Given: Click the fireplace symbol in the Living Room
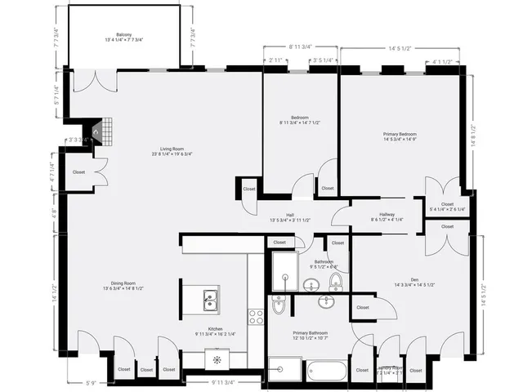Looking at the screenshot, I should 96,129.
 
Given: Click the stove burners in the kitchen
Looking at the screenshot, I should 256,316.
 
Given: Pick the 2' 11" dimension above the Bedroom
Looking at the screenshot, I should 275,60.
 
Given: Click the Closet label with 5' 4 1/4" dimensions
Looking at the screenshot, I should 447,207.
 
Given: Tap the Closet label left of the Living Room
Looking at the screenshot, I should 78,172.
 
